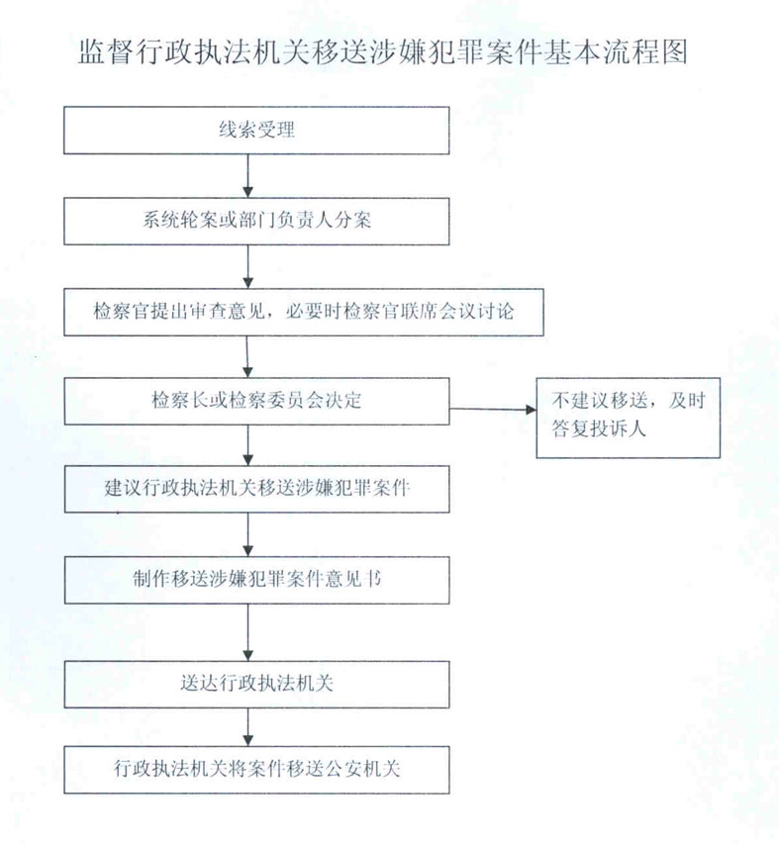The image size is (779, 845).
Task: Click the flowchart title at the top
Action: [383, 51]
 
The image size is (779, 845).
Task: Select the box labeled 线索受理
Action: [256, 131]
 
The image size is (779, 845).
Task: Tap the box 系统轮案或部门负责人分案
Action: [256, 221]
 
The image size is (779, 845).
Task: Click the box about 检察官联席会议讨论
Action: [304, 312]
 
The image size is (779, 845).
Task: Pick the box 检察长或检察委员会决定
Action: [256, 401]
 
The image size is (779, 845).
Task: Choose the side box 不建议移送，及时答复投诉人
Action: [629, 419]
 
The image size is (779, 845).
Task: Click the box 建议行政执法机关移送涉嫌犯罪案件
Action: [256, 489]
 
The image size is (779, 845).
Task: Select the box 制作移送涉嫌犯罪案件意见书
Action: [256, 580]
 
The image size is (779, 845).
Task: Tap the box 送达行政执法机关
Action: [256, 685]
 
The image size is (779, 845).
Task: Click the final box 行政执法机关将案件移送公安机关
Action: [256, 770]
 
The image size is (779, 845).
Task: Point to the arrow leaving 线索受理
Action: [248, 176]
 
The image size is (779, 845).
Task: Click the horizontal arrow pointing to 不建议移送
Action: [493, 410]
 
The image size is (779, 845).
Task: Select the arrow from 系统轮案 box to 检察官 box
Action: [248, 267]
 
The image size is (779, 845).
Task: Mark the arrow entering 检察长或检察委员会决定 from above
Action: [247, 357]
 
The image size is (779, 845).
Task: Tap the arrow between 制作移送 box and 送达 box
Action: [248, 632]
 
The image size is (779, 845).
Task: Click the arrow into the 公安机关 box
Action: [248, 727]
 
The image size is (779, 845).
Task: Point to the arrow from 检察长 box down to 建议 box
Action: [248, 445]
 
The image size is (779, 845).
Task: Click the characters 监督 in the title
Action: [106, 51]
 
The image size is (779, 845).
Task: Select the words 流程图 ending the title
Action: [645, 51]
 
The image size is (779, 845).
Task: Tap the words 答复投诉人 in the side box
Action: [599, 429]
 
